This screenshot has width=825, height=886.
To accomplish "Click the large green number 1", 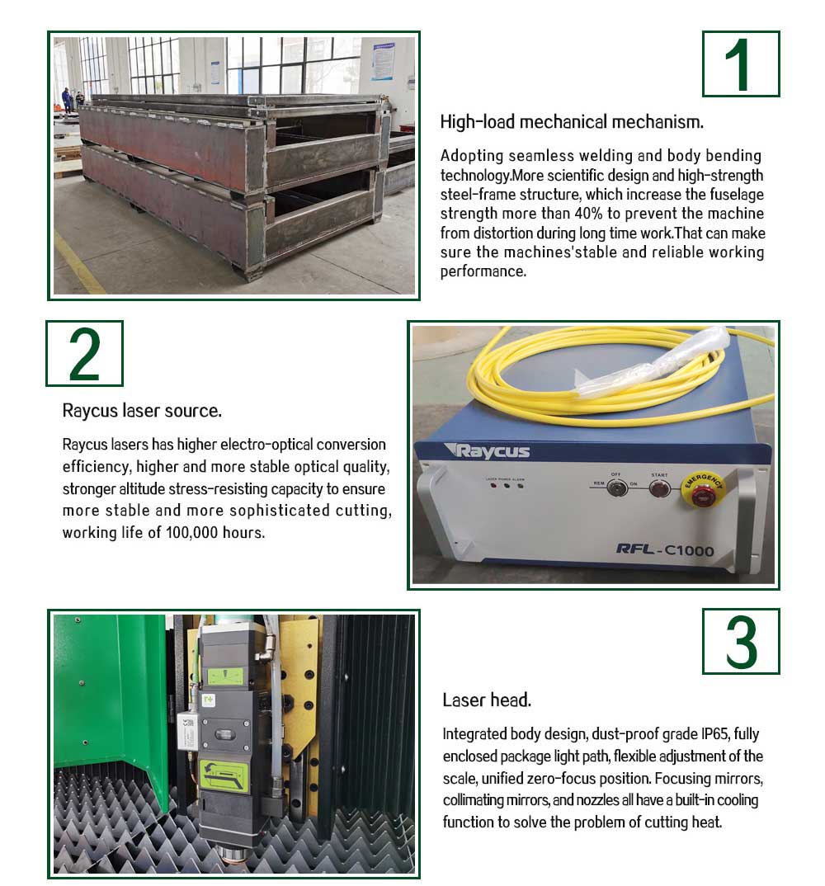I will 740,64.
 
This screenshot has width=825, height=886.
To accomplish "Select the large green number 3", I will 740,641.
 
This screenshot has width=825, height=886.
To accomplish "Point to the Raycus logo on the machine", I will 487,450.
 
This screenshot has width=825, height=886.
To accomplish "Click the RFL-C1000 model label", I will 664,549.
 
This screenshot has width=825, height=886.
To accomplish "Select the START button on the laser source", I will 658,488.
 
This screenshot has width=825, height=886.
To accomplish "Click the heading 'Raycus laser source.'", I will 142,410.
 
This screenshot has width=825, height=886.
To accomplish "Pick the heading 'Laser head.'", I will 486,700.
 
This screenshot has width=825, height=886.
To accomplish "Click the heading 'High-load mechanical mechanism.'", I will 572,122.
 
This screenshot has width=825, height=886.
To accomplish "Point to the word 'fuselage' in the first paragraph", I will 735,195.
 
